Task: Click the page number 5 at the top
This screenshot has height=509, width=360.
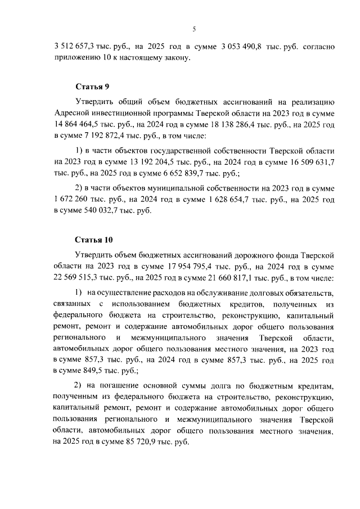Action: click(193, 29)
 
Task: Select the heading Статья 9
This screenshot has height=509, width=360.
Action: click(92, 87)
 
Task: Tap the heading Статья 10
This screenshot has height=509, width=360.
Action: click(94, 240)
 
